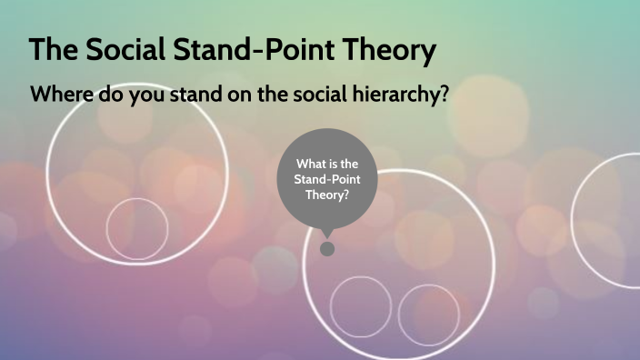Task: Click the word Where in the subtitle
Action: click(60, 95)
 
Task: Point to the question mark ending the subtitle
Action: click(445, 95)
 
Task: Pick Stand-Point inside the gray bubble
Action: click(328, 179)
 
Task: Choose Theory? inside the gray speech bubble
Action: click(328, 195)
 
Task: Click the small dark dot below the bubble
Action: click(327, 248)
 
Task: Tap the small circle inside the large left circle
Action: click(136, 228)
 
